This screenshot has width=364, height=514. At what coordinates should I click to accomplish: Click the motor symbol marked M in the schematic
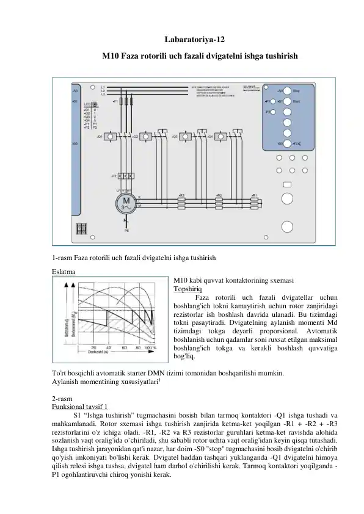(x=127, y=203)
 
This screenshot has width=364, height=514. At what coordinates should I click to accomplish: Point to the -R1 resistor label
(x=254, y=195)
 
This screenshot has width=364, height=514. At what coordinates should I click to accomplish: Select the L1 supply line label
(x=103, y=86)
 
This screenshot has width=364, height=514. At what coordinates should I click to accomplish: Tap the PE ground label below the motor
(x=126, y=232)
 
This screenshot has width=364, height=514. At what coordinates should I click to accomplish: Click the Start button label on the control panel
(x=296, y=101)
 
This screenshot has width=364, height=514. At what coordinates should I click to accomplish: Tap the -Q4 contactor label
(x=210, y=137)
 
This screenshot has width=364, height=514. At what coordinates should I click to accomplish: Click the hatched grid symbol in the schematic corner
(x=81, y=230)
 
